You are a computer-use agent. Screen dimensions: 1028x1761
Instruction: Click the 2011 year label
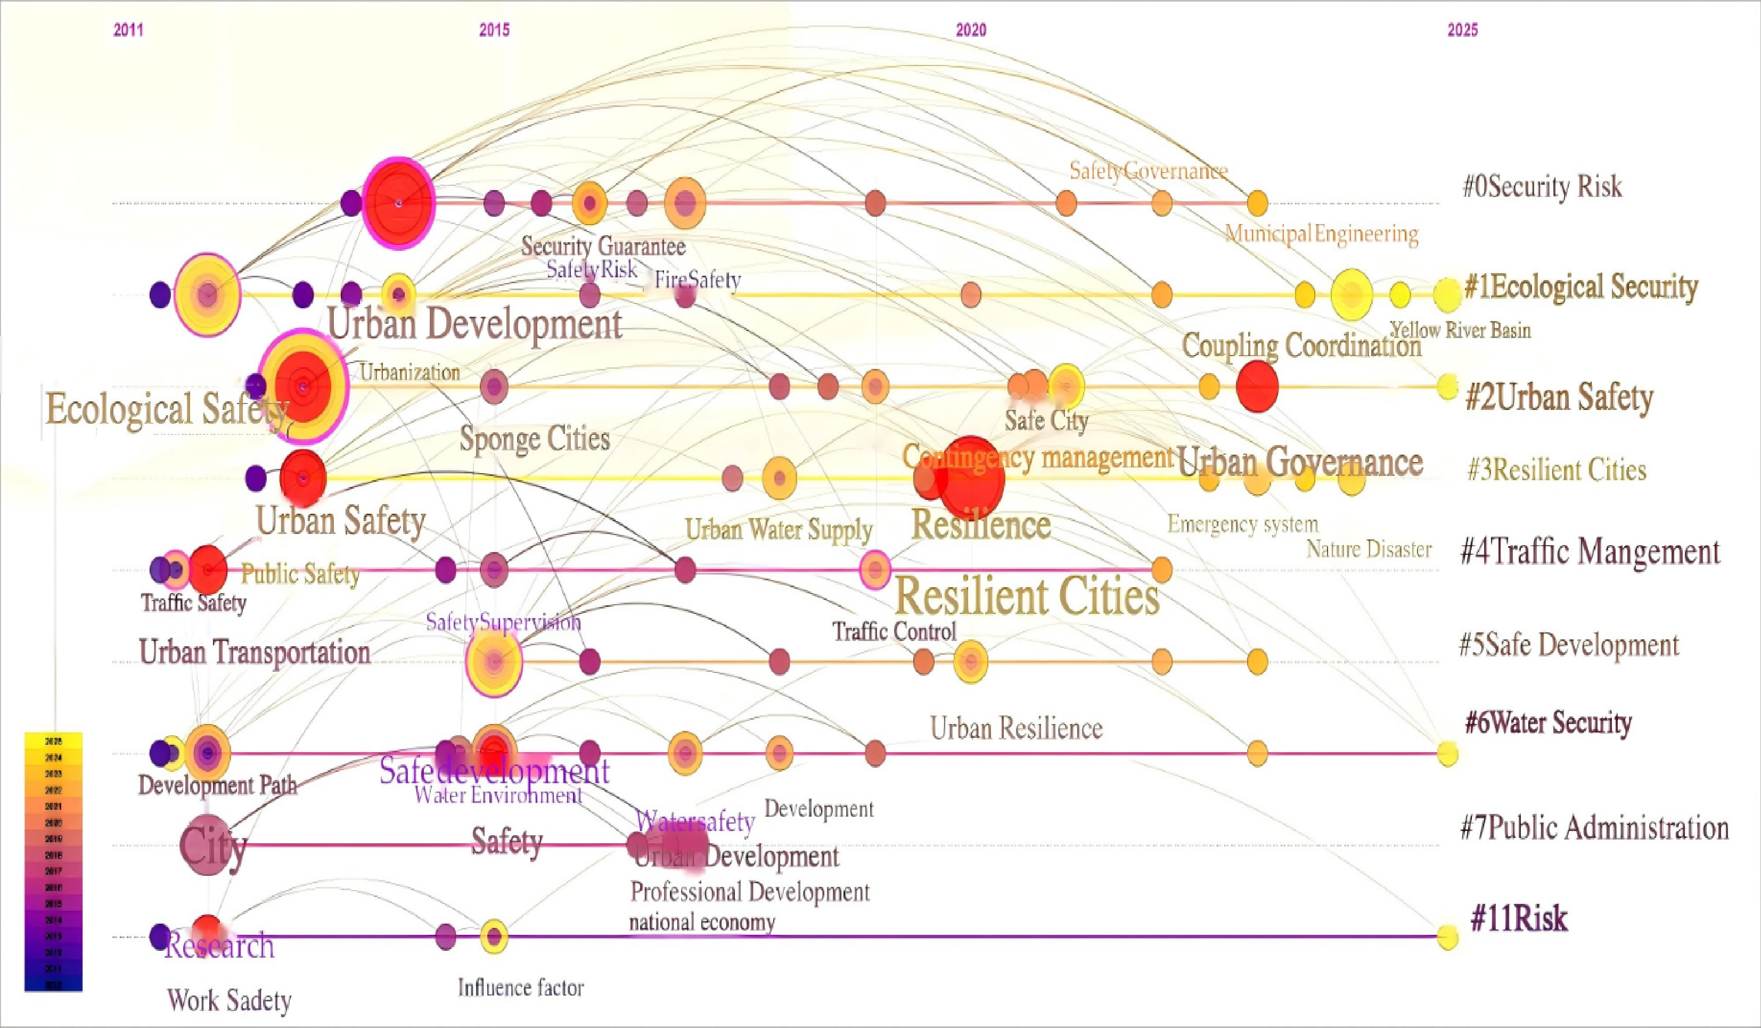click(128, 30)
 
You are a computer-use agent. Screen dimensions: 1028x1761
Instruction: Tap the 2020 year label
click(971, 30)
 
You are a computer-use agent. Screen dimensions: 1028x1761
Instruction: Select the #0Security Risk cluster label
click(1542, 186)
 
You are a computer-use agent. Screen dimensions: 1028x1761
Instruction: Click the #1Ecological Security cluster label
click(1580, 287)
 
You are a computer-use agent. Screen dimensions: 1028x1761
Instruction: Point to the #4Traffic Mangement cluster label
click(1590, 552)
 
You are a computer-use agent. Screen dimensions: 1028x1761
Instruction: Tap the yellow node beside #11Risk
click(1447, 936)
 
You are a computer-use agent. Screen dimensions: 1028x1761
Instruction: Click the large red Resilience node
click(971, 478)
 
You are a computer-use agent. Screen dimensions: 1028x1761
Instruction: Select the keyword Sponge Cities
click(535, 439)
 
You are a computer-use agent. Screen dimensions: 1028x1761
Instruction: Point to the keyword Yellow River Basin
click(1461, 330)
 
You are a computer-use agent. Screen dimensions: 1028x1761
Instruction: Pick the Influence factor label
click(521, 988)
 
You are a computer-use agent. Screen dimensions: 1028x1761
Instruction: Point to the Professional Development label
click(750, 892)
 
